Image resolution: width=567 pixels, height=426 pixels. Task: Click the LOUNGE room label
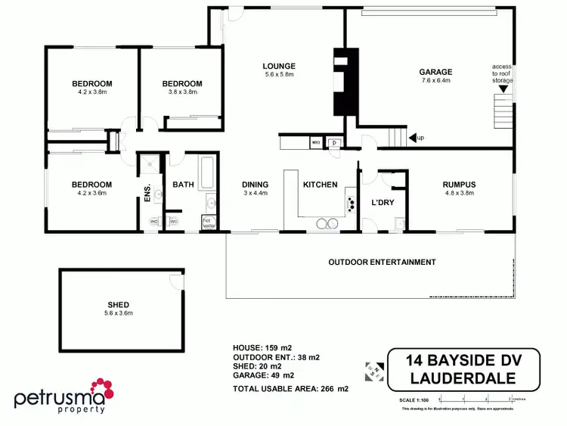(x=280, y=66)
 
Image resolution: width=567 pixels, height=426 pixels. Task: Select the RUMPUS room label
(x=460, y=184)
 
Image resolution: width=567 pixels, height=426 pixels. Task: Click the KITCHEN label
(x=320, y=184)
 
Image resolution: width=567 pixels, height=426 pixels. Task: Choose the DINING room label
(x=256, y=184)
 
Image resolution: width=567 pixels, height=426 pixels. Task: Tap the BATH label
(x=184, y=184)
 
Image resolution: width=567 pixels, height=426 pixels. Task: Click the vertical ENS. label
(x=148, y=193)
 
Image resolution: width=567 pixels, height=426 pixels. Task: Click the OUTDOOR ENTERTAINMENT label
(x=382, y=263)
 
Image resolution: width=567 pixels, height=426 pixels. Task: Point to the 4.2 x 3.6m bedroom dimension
(x=92, y=194)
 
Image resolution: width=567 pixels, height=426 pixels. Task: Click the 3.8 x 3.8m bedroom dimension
(x=182, y=92)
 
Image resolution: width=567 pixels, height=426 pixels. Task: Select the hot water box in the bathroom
(x=209, y=222)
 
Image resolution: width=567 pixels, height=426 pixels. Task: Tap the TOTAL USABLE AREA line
(x=291, y=389)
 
